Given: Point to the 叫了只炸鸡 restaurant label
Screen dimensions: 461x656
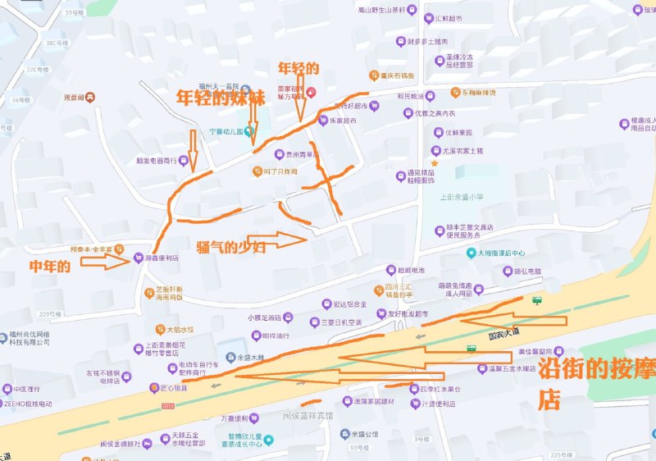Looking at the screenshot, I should pyautogui.click(x=280, y=171).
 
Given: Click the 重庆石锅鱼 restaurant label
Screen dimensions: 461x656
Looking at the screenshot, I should pyautogui.click(x=398, y=75).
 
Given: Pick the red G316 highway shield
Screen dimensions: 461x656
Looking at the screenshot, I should pyautogui.click(x=167, y=405).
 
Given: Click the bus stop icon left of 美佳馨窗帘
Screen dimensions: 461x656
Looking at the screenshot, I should pyautogui.click(x=471, y=349).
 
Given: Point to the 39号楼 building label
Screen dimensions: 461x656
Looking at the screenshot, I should pyautogui.click(x=74, y=14).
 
